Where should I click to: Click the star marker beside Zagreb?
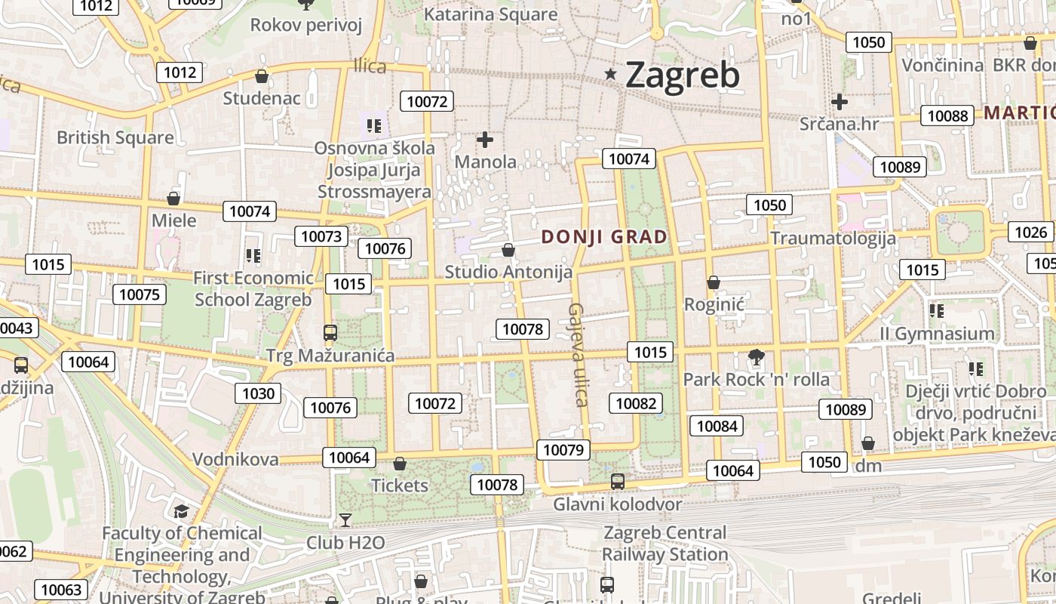tap(611, 74)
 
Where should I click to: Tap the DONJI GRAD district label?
tap(604, 237)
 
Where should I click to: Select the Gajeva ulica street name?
tap(578, 355)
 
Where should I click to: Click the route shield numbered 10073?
tap(321, 236)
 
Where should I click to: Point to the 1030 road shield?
tap(258, 393)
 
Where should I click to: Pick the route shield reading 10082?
tap(636, 403)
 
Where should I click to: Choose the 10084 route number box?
tap(717, 426)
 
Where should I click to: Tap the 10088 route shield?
tap(947, 116)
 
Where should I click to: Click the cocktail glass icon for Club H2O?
tap(345, 519)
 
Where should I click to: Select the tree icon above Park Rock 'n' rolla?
tap(755, 356)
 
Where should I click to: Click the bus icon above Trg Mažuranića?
tap(330, 332)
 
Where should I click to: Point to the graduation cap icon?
tap(181, 512)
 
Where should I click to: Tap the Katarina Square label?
tap(490, 14)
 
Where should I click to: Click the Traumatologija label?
tap(833, 238)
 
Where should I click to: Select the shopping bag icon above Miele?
tap(173, 199)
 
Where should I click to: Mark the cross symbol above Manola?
tap(485, 140)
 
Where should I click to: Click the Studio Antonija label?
tap(508, 272)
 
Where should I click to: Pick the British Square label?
tap(115, 137)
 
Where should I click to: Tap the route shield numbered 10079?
tap(563, 451)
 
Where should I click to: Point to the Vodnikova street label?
tap(235, 459)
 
